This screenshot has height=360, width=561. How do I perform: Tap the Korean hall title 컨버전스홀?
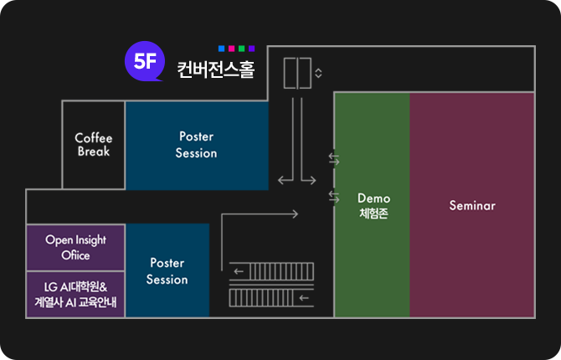click(214, 69)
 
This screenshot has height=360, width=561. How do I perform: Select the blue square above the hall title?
click(221, 49)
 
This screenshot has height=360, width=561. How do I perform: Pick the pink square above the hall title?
click(231, 49)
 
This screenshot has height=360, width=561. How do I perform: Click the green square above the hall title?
click(241, 49)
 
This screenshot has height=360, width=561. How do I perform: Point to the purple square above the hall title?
click(251, 49)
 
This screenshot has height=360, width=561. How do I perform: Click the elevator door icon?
click(297, 73)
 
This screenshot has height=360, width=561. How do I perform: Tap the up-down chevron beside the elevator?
click(318, 73)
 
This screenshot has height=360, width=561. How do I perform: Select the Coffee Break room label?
click(94, 144)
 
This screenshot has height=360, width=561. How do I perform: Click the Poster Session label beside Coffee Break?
click(196, 144)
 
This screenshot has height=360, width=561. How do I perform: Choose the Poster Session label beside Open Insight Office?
click(167, 270)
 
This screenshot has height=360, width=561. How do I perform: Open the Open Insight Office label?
click(75, 247)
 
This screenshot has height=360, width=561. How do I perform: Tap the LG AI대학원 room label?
click(75, 294)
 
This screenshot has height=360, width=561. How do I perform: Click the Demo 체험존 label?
click(373, 206)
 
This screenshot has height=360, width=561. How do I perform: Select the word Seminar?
click(472, 205)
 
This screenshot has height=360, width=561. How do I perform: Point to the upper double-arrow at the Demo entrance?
click(333, 159)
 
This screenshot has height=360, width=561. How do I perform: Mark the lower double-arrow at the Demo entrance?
click(333, 197)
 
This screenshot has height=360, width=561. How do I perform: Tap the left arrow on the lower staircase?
click(303, 297)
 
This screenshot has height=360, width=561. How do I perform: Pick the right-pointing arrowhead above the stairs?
click(294, 214)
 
